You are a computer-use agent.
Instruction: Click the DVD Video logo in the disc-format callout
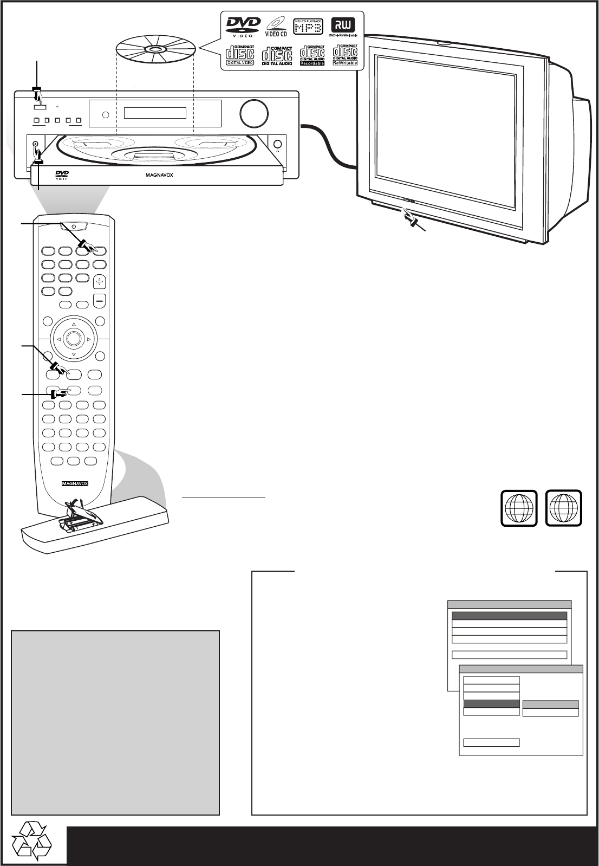pos(243,27)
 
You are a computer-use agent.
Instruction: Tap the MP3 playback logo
pos(308,27)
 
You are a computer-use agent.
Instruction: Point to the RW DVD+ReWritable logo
pos(344,28)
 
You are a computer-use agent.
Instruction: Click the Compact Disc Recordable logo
pos(312,55)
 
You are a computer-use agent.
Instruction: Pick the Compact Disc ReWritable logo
pos(345,55)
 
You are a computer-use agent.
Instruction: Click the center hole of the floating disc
pos(155,50)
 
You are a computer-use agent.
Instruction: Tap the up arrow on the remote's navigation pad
pos(74,325)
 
